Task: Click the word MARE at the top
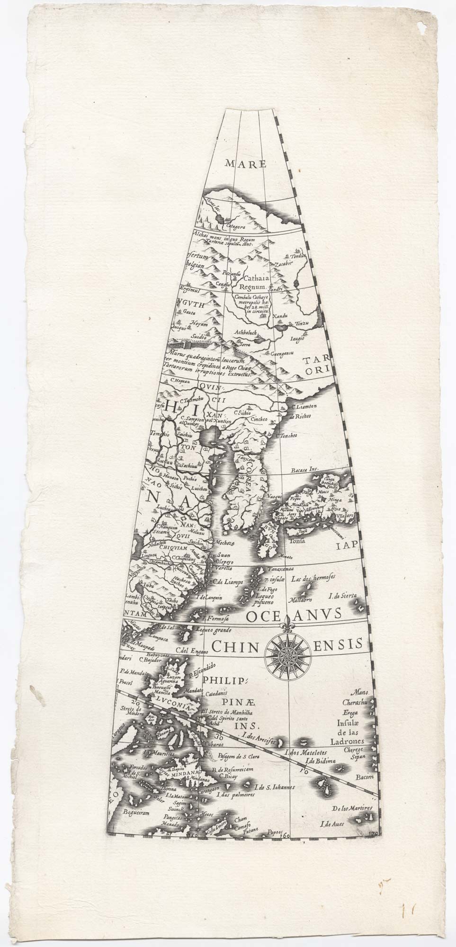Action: (246, 164)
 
